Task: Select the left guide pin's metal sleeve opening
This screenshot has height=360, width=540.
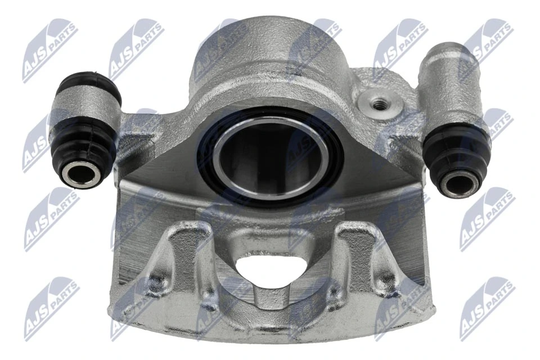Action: click(78, 174)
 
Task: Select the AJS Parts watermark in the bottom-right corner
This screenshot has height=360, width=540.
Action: click(487, 307)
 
